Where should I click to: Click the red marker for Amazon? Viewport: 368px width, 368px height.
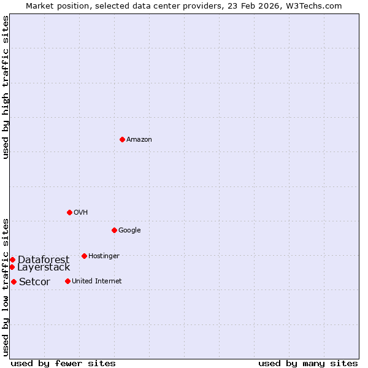tap(123, 139)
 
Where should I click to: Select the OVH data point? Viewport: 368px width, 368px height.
tap(69, 212)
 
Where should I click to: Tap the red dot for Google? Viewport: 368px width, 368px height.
tap(115, 230)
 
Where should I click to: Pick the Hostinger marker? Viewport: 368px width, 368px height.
tap(84, 256)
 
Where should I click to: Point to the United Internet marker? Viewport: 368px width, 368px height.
tap(67, 281)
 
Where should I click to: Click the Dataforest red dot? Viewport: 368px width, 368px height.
tap(12, 259)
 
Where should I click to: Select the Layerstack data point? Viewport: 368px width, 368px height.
tap(12, 267)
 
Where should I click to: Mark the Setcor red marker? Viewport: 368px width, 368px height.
tap(13, 282)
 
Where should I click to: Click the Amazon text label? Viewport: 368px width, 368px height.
tap(139, 140)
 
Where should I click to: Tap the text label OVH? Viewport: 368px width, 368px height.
tap(81, 213)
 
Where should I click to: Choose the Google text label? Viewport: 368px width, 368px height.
tap(129, 231)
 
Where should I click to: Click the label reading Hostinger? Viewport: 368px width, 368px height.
tap(104, 256)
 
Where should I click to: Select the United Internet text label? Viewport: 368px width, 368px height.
tap(96, 282)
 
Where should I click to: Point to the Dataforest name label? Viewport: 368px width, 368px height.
tap(44, 260)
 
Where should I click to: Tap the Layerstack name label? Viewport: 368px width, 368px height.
tap(44, 267)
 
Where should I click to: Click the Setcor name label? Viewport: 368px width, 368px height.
tap(34, 282)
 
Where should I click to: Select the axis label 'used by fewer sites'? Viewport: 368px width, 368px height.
tap(63, 363)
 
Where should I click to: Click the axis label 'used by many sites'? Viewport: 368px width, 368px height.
tap(308, 363)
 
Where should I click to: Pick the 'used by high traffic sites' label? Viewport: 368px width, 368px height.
tap(6, 87)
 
